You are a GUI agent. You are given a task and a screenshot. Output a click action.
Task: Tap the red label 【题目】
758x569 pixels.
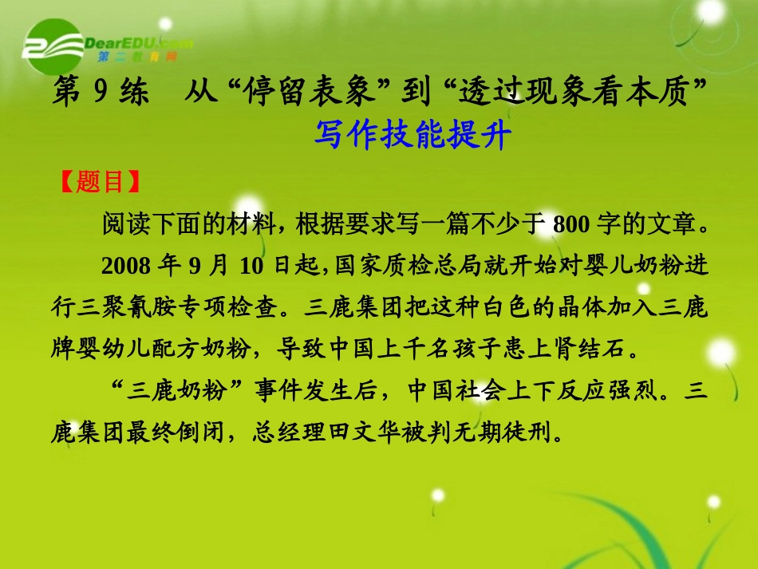(100, 181)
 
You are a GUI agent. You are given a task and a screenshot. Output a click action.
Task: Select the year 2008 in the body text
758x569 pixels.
(126, 266)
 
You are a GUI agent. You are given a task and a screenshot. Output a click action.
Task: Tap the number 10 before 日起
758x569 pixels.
(251, 266)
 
